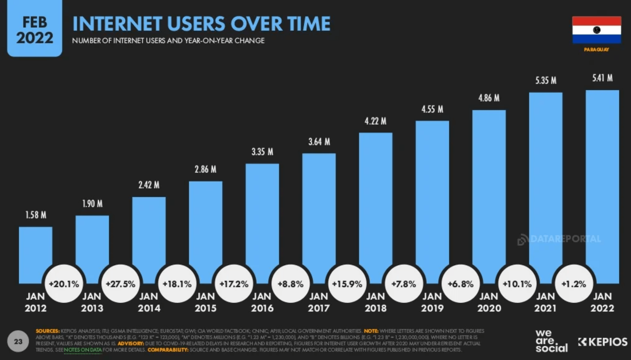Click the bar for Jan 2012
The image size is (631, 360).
click(x=35, y=251)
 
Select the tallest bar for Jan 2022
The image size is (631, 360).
click(x=602, y=177)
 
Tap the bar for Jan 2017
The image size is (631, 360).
click(x=319, y=212)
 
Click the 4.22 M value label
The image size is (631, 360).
click(x=375, y=121)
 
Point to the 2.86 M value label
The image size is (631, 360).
click(x=205, y=169)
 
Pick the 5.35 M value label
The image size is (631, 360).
click(x=546, y=81)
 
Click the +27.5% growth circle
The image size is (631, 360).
click(x=120, y=284)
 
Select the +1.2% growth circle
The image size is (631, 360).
click(x=574, y=284)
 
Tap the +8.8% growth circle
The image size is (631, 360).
click(x=290, y=284)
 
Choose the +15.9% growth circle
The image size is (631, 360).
click(x=347, y=284)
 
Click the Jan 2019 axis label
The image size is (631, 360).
click(x=432, y=302)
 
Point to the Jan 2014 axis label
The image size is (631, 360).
click(x=149, y=302)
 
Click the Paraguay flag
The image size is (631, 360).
click(x=597, y=30)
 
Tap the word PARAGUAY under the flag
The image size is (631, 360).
click(x=597, y=50)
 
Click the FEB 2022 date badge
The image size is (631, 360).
click(x=35, y=30)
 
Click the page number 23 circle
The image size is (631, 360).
click(x=18, y=342)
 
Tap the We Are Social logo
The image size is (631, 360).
click(x=551, y=341)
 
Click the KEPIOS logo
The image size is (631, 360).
click(x=603, y=342)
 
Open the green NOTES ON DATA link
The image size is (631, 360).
click(x=83, y=350)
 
